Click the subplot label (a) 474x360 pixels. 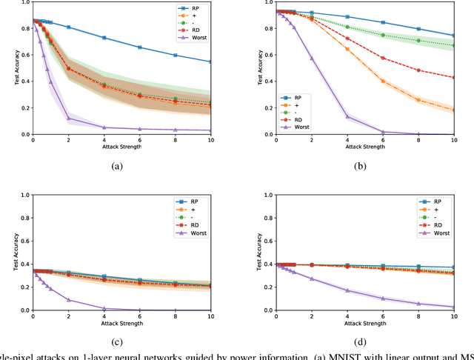116,167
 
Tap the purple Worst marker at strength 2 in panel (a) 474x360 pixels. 68,119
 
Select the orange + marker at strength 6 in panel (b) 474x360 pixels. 383,81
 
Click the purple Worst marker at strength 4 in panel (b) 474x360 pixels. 347,116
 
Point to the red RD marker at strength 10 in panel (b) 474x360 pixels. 453,77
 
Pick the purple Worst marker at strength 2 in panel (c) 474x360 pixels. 68,300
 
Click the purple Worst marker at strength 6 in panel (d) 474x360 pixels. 383,299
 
